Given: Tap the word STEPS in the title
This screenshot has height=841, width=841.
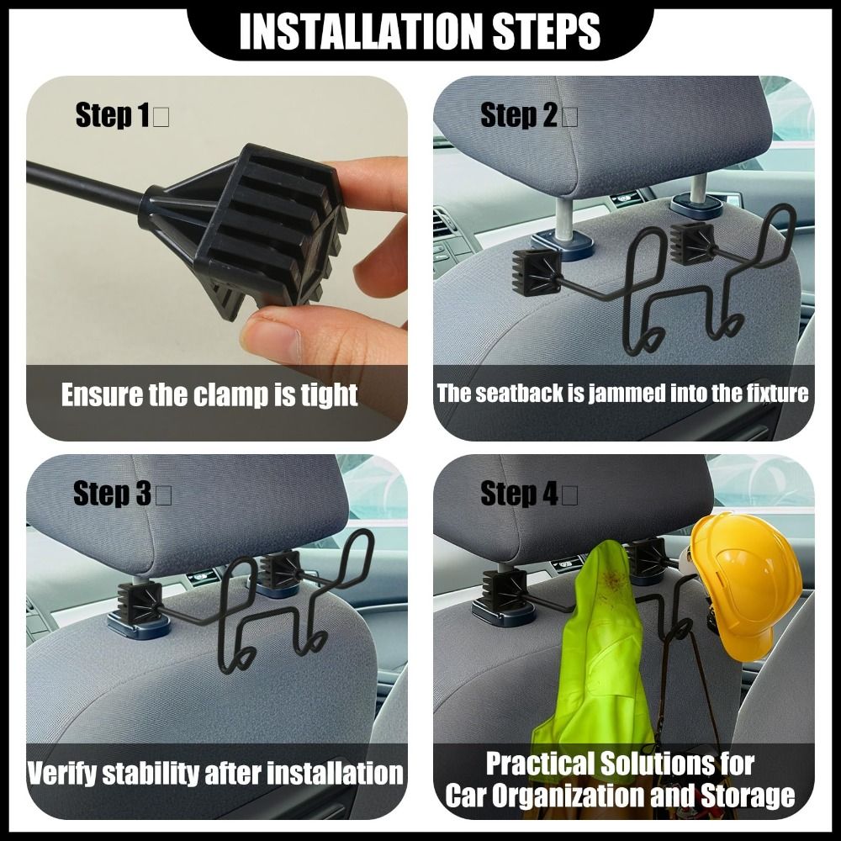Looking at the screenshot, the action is pyautogui.click(x=546, y=31).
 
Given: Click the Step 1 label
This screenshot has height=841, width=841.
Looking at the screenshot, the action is pyautogui.click(x=112, y=114).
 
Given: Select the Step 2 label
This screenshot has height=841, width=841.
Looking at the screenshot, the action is pyautogui.click(x=519, y=114).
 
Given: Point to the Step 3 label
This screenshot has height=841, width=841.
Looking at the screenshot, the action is pyautogui.click(x=112, y=493).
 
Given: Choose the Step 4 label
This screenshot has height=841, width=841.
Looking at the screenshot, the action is pyautogui.click(x=519, y=493).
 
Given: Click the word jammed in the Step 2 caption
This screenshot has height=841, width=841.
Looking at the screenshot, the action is pyautogui.click(x=627, y=394).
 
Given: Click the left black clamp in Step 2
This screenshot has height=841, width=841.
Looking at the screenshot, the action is pyautogui.click(x=537, y=272).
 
